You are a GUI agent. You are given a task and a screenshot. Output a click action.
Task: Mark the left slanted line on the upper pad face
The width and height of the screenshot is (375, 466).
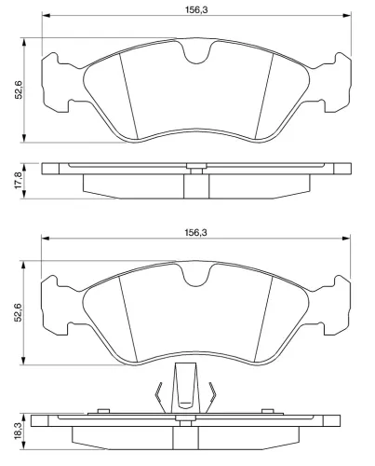click(127, 94)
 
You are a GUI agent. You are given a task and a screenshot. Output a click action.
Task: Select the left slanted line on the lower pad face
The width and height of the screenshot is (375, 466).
click(125, 314)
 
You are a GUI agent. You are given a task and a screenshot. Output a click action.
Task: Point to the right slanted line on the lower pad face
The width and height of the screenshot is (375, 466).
click(265, 314)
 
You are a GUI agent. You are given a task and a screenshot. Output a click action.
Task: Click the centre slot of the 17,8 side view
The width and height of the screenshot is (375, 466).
click(194, 185)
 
